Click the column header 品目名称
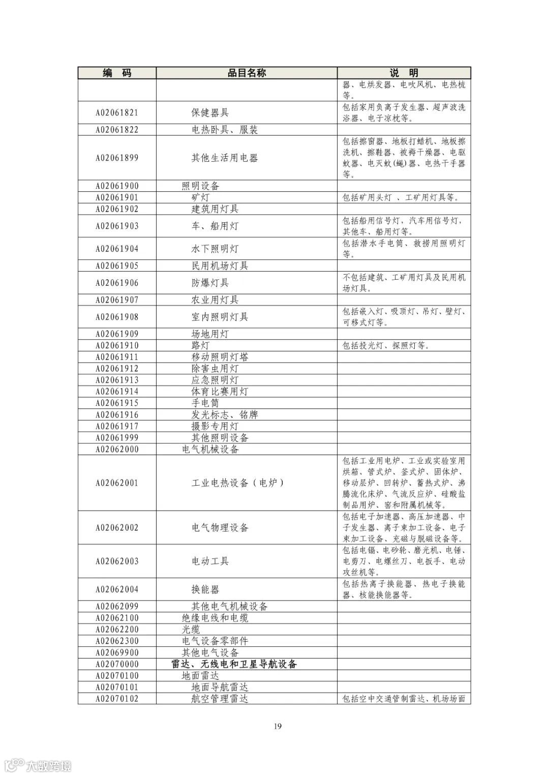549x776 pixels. tap(247, 73)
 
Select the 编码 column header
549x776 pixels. tap(117, 73)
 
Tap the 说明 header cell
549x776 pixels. tap(404, 73)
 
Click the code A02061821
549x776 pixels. tap(117, 113)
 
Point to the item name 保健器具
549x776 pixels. tap(210, 113)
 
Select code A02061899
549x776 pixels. tap(117, 158)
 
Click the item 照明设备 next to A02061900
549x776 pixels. tap(201, 186)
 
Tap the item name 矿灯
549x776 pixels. tap(200, 197)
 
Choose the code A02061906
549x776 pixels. tap(117, 283)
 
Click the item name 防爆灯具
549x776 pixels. tap(210, 283)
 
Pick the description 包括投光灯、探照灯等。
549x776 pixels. tap(386, 346)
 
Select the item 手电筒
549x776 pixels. tap(205, 403)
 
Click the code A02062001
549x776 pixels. tap(117, 483)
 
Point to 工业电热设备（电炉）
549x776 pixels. tap(237, 483)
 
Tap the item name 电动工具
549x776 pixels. tap(210, 561)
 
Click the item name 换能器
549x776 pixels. tap(205, 589)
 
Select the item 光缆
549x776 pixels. tap(191, 630)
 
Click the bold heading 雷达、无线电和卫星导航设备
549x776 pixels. tap(234, 664)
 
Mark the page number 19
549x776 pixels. tap(278, 726)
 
